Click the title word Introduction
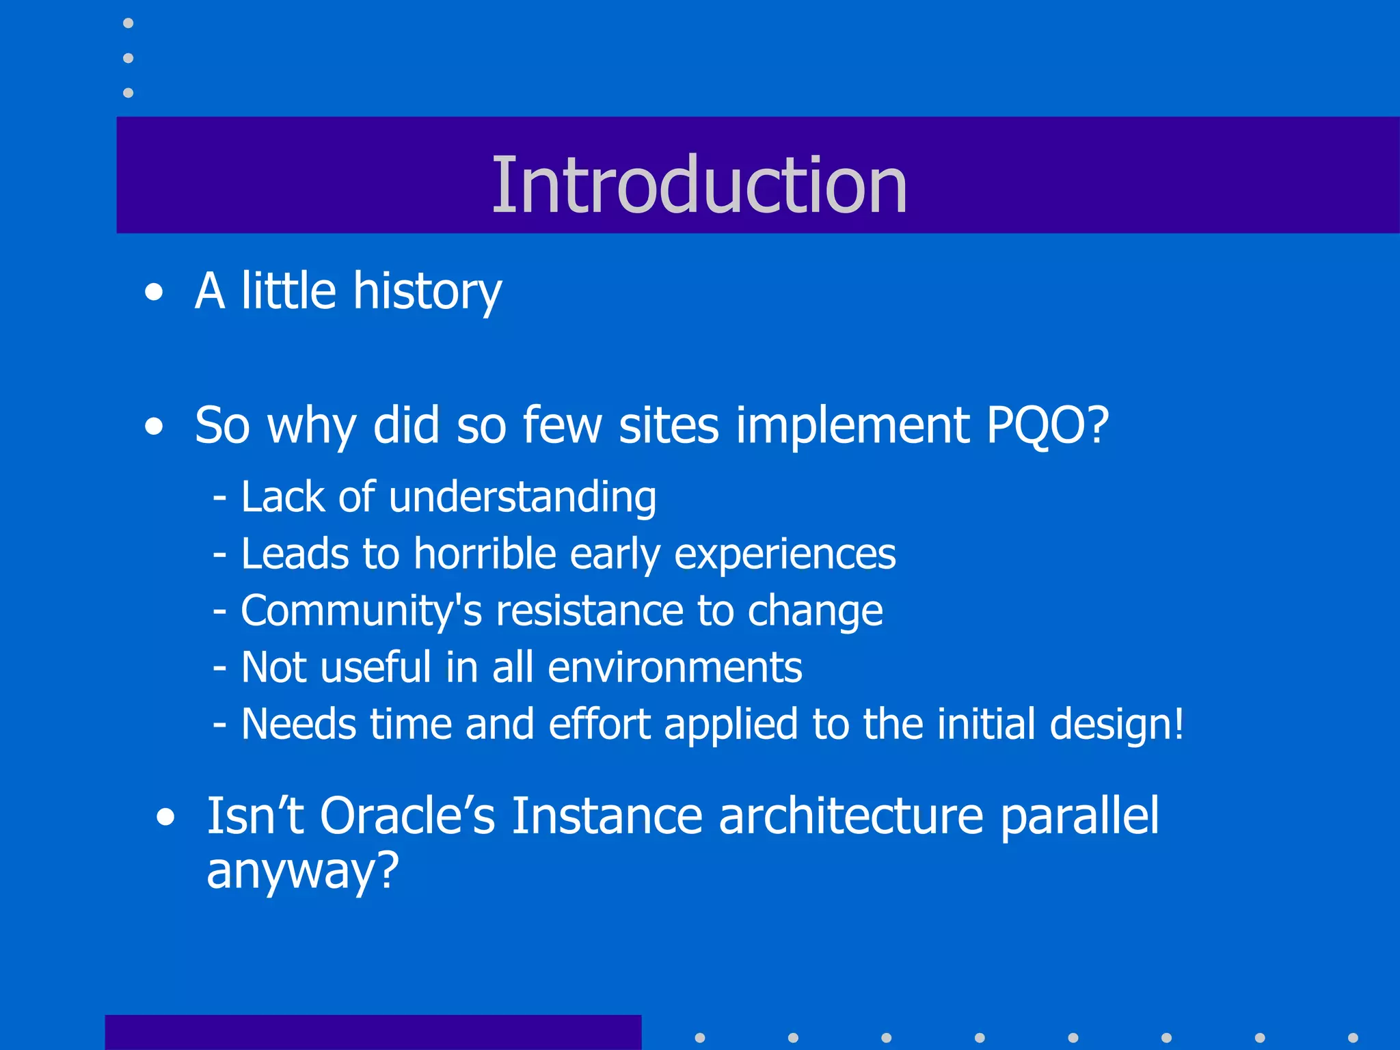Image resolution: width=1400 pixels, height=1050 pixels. coord(699,185)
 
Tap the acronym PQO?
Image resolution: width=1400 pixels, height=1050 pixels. coord(1047,426)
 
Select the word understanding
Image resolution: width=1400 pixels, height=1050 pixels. coord(522,497)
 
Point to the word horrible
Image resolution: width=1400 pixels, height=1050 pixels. coord(485,554)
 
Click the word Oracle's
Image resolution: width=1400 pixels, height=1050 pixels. coord(407,816)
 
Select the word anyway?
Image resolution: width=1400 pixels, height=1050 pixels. coord(302,872)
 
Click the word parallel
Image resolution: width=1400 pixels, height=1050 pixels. coord(1079,816)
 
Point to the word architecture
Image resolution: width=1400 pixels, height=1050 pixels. coord(850,816)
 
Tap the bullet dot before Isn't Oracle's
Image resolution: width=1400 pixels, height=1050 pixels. coord(165,818)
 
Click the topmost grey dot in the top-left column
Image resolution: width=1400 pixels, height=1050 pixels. coord(128,23)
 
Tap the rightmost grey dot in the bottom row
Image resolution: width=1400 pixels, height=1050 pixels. coord(1352,1038)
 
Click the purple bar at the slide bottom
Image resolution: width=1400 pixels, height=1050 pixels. coord(373,1032)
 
